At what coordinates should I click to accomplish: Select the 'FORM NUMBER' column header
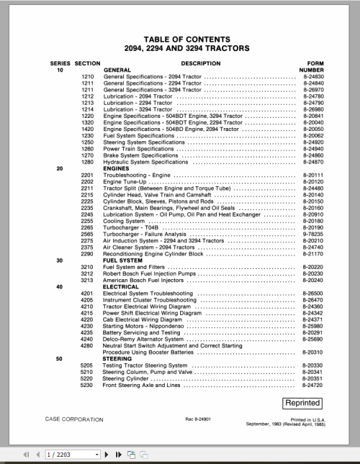tap(307, 67)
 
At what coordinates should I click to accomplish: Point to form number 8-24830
tap(310, 77)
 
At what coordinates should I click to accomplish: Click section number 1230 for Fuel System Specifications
tap(88, 135)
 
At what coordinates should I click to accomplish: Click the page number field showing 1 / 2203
tap(70, 455)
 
